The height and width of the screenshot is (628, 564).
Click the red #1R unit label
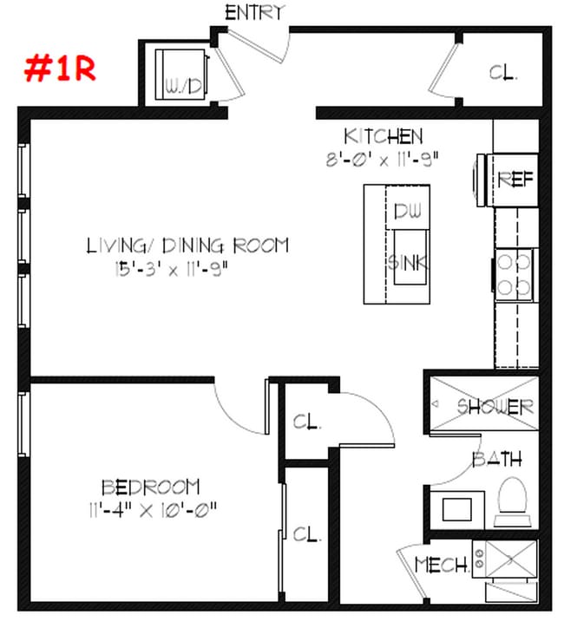(58, 68)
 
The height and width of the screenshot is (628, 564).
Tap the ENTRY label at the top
(254, 12)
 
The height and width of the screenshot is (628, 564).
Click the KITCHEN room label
(384, 136)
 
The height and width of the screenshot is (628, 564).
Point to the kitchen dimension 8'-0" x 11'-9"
(384, 158)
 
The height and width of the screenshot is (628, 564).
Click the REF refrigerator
(515, 180)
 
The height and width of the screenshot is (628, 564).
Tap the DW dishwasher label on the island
(407, 212)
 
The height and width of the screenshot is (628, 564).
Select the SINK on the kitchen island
(406, 260)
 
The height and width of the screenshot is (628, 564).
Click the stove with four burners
(513, 272)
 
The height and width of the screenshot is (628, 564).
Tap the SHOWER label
(495, 406)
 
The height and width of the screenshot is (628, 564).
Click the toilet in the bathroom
(512, 500)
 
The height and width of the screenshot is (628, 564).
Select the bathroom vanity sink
(459, 507)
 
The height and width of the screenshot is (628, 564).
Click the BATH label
(496, 459)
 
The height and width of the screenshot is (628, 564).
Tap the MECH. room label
(441, 565)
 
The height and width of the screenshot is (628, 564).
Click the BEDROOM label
(151, 487)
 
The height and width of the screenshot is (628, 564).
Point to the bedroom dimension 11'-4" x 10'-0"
(151, 507)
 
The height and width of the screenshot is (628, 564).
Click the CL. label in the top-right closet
(503, 73)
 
